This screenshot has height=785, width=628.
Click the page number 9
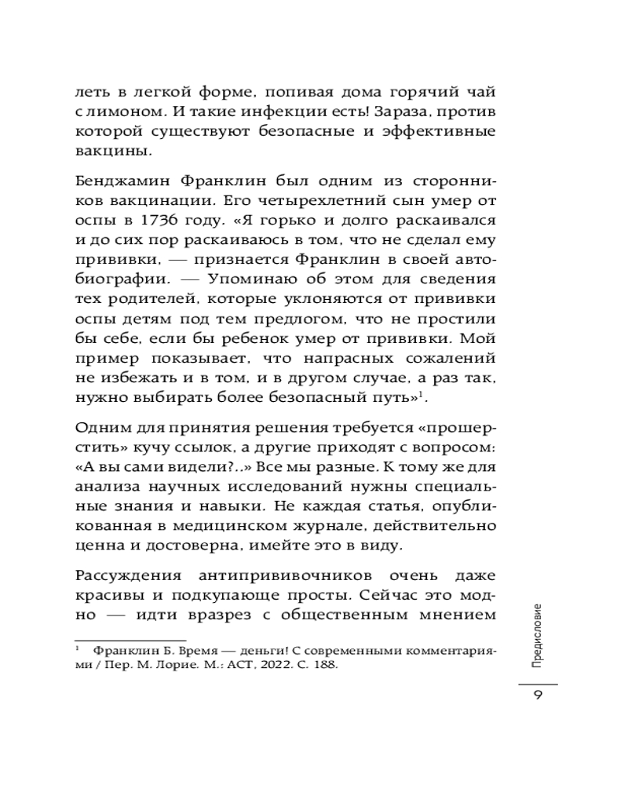point(538,697)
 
